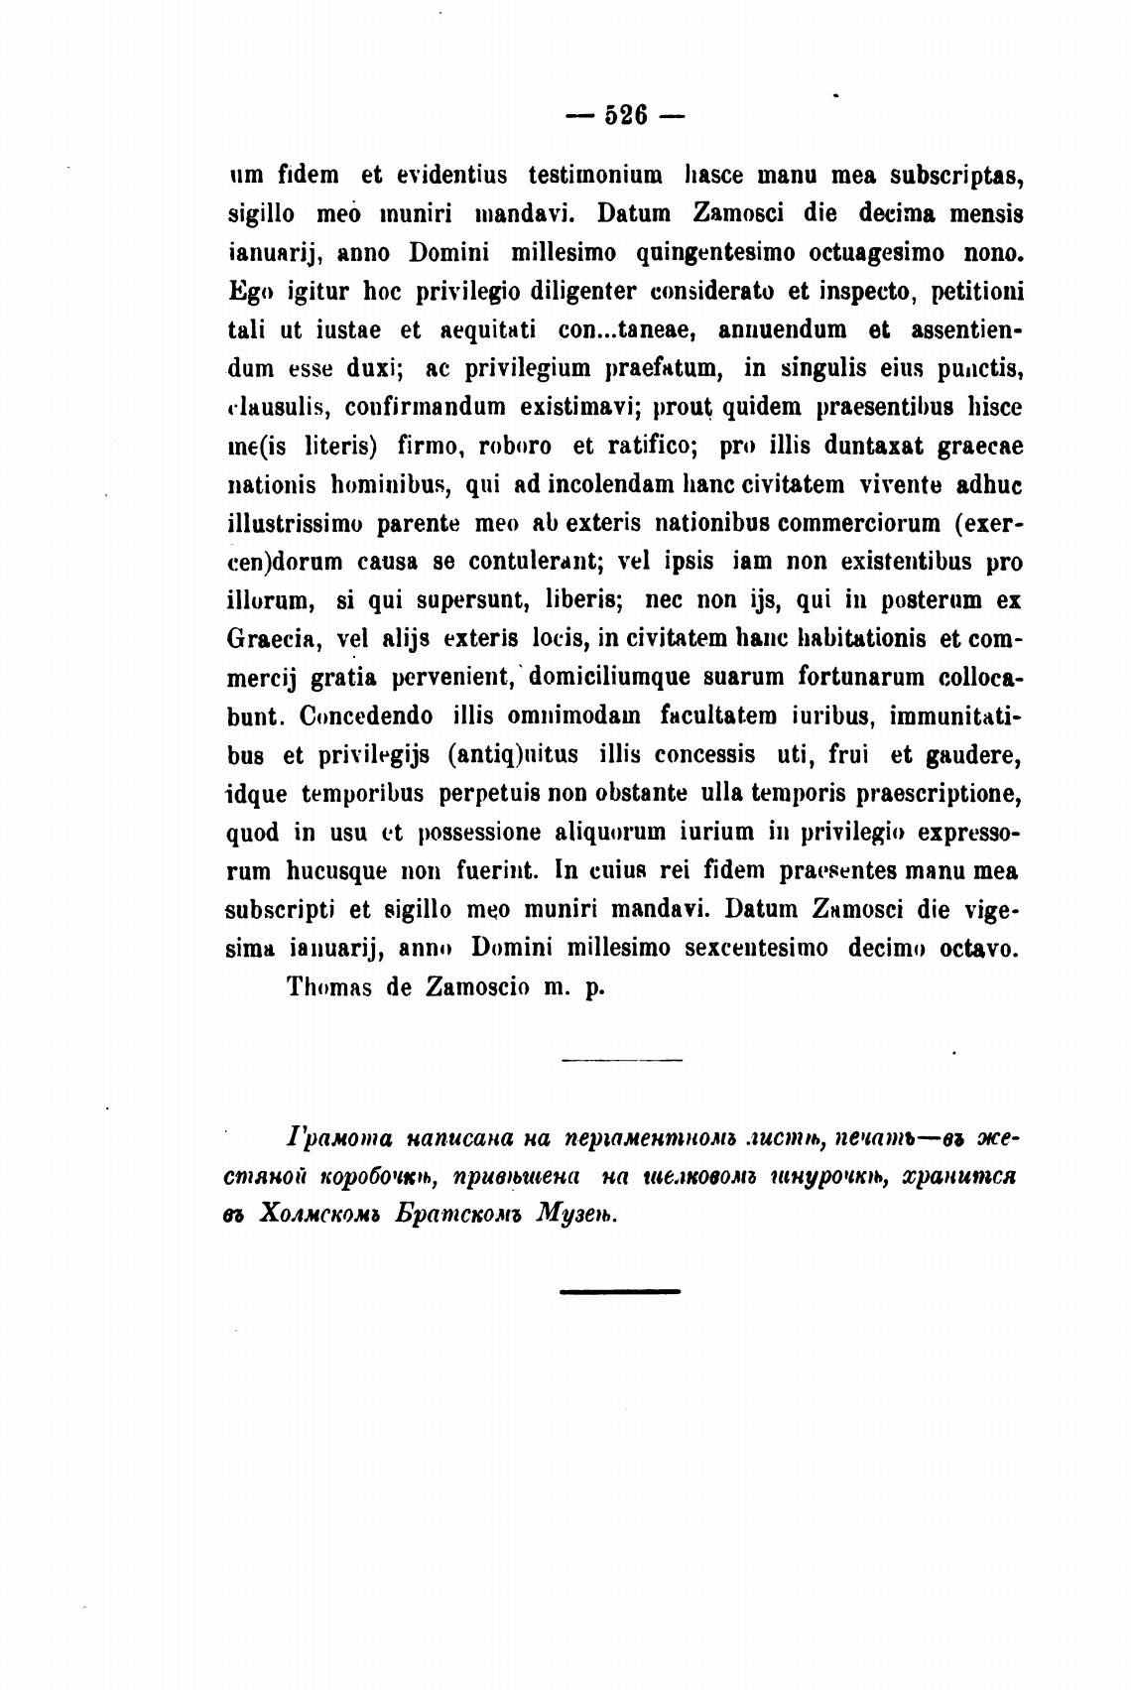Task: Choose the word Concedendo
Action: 364,716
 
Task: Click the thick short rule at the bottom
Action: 620,1291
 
